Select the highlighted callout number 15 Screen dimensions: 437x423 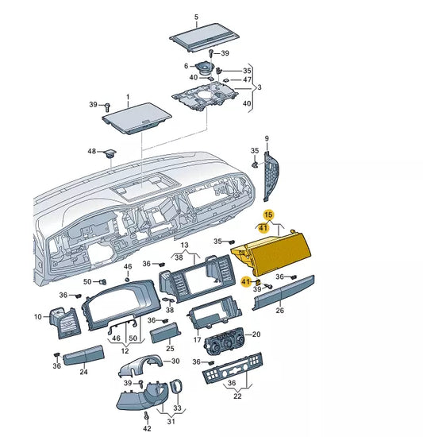(268, 215)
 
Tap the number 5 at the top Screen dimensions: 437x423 (196, 17)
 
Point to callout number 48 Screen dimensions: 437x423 (91, 151)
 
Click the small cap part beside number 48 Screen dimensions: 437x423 (108, 153)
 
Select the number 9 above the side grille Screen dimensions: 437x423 (267, 137)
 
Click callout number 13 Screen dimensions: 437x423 (184, 246)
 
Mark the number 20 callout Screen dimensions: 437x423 (256, 335)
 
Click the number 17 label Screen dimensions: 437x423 (197, 339)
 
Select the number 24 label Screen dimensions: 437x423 (85, 371)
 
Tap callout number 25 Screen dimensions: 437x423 (170, 349)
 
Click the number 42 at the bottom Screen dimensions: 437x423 (147, 428)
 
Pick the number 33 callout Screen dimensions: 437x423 (177, 408)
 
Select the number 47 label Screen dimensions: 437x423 (247, 80)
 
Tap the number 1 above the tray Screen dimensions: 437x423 (126, 97)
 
